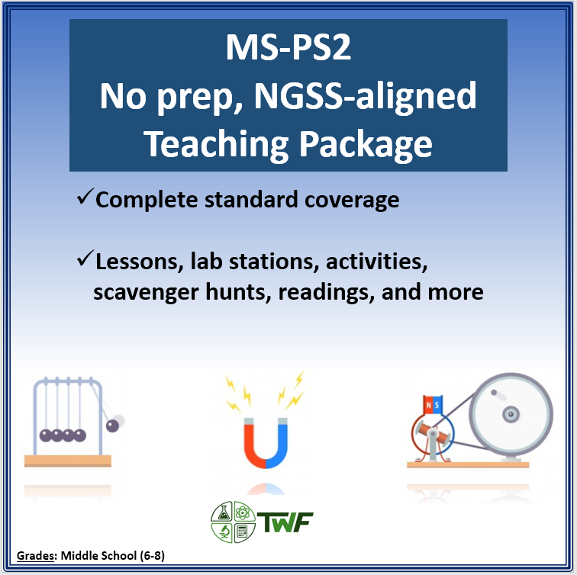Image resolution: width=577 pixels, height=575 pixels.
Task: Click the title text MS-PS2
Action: coord(288,50)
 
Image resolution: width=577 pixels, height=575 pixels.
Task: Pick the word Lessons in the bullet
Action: coord(137,263)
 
